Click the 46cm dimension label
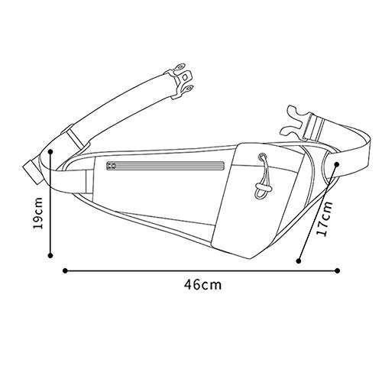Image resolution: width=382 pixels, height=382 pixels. pyautogui.click(x=202, y=284)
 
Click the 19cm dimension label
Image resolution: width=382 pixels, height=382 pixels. pyautogui.click(x=38, y=213)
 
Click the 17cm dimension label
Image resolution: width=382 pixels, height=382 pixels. pyautogui.click(x=324, y=219)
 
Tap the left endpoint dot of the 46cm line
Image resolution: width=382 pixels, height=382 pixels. pyautogui.click(x=65, y=270)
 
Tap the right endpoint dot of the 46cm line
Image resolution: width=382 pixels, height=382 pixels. pyautogui.click(x=338, y=270)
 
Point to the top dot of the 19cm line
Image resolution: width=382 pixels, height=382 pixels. pyautogui.click(x=50, y=152)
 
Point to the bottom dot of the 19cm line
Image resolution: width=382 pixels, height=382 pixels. pyautogui.click(x=50, y=255)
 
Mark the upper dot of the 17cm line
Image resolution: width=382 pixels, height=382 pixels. pyautogui.click(x=336, y=164)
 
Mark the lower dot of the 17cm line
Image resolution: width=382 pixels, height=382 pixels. pyautogui.click(x=299, y=261)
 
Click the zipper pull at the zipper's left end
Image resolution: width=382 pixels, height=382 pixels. pyautogui.click(x=111, y=166)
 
